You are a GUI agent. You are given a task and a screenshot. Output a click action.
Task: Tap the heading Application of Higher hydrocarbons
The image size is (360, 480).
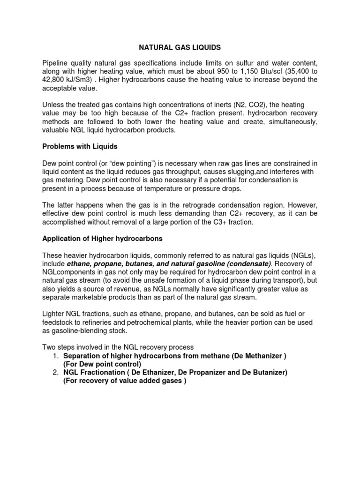tap(102, 239)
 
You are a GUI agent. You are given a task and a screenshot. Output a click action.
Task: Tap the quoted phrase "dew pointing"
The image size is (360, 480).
tap(122, 163)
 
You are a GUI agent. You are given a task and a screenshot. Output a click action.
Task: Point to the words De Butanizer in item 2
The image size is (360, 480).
tap(261, 372)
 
